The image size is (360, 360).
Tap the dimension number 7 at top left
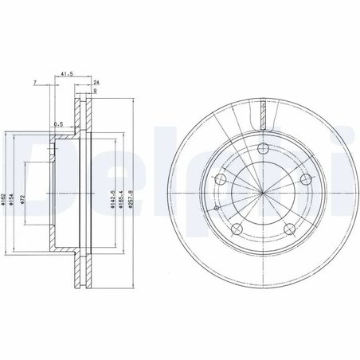tap(35, 83)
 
